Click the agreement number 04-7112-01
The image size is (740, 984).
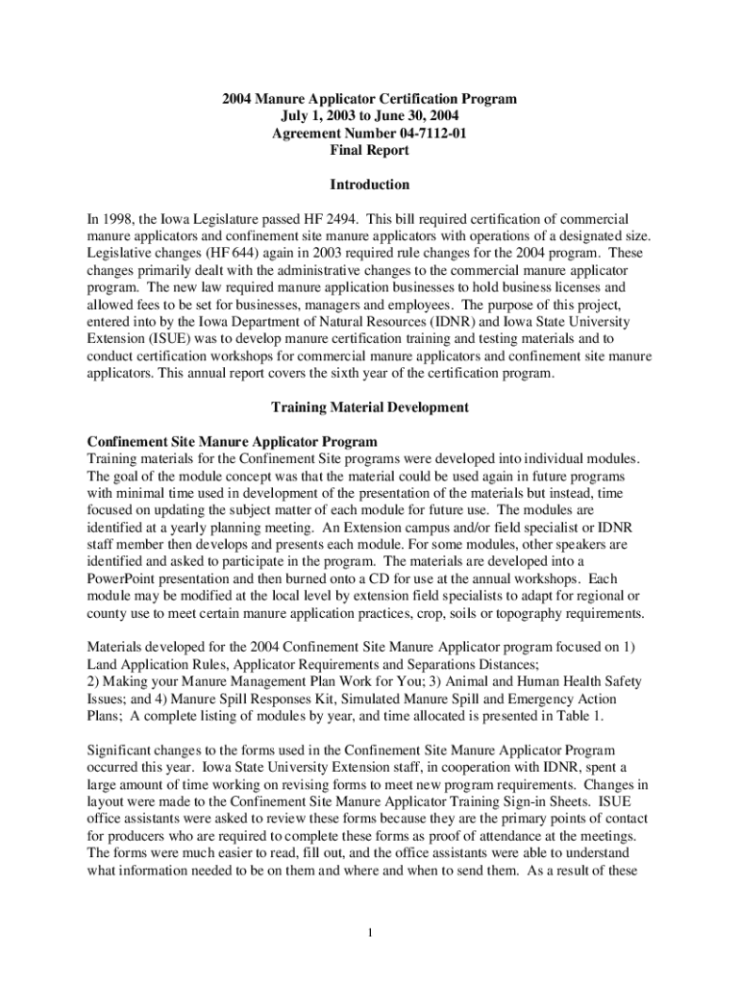pos(426,134)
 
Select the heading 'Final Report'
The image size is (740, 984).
pos(369,151)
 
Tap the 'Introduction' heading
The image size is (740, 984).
pos(369,184)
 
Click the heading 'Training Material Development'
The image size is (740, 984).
pos(369,407)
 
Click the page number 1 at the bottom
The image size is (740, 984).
pos(370,934)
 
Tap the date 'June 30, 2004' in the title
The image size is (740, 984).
pos(427,116)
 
